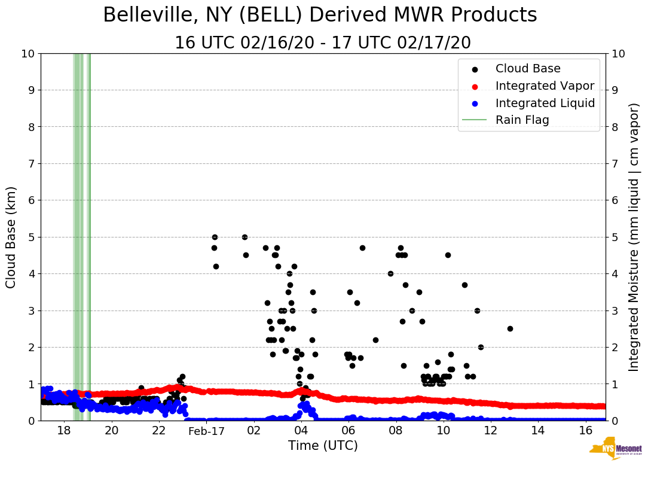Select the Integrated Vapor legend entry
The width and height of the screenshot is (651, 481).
[x=545, y=86]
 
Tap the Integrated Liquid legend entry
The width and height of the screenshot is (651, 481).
[x=545, y=103]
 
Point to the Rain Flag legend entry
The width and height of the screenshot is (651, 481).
[x=522, y=120]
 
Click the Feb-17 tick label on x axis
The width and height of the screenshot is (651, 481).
[x=206, y=431]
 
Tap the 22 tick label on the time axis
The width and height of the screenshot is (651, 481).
[x=158, y=431]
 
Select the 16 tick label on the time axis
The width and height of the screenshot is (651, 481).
[x=585, y=431]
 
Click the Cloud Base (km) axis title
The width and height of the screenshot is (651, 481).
[x=11, y=237]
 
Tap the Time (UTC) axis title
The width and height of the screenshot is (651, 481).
[x=323, y=446]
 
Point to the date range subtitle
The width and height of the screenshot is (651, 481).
[x=323, y=43]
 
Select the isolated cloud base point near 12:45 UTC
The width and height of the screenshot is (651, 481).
[x=510, y=328]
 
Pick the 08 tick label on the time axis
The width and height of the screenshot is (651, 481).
[x=396, y=431]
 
